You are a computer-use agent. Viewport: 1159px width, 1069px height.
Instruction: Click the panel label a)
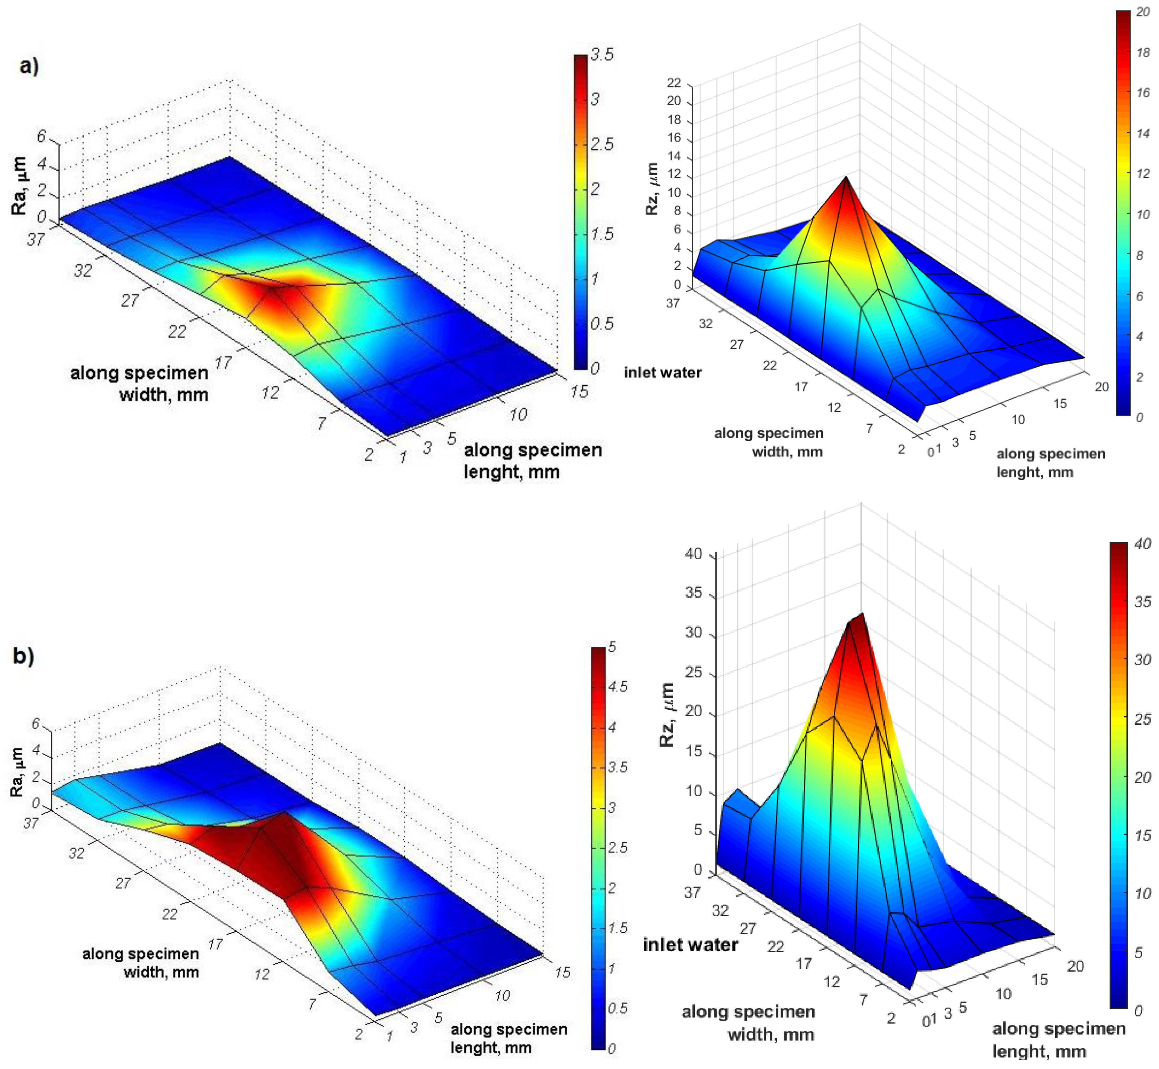(x=28, y=66)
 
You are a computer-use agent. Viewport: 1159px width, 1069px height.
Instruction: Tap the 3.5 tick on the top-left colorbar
(x=602, y=55)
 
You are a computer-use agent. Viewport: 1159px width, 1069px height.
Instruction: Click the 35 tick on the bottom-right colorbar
(x=1142, y=602)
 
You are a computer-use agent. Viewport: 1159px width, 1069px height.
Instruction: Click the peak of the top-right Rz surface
(x=846, y=177)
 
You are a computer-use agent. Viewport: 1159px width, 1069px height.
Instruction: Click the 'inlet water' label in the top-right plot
(x=663, y=373)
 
